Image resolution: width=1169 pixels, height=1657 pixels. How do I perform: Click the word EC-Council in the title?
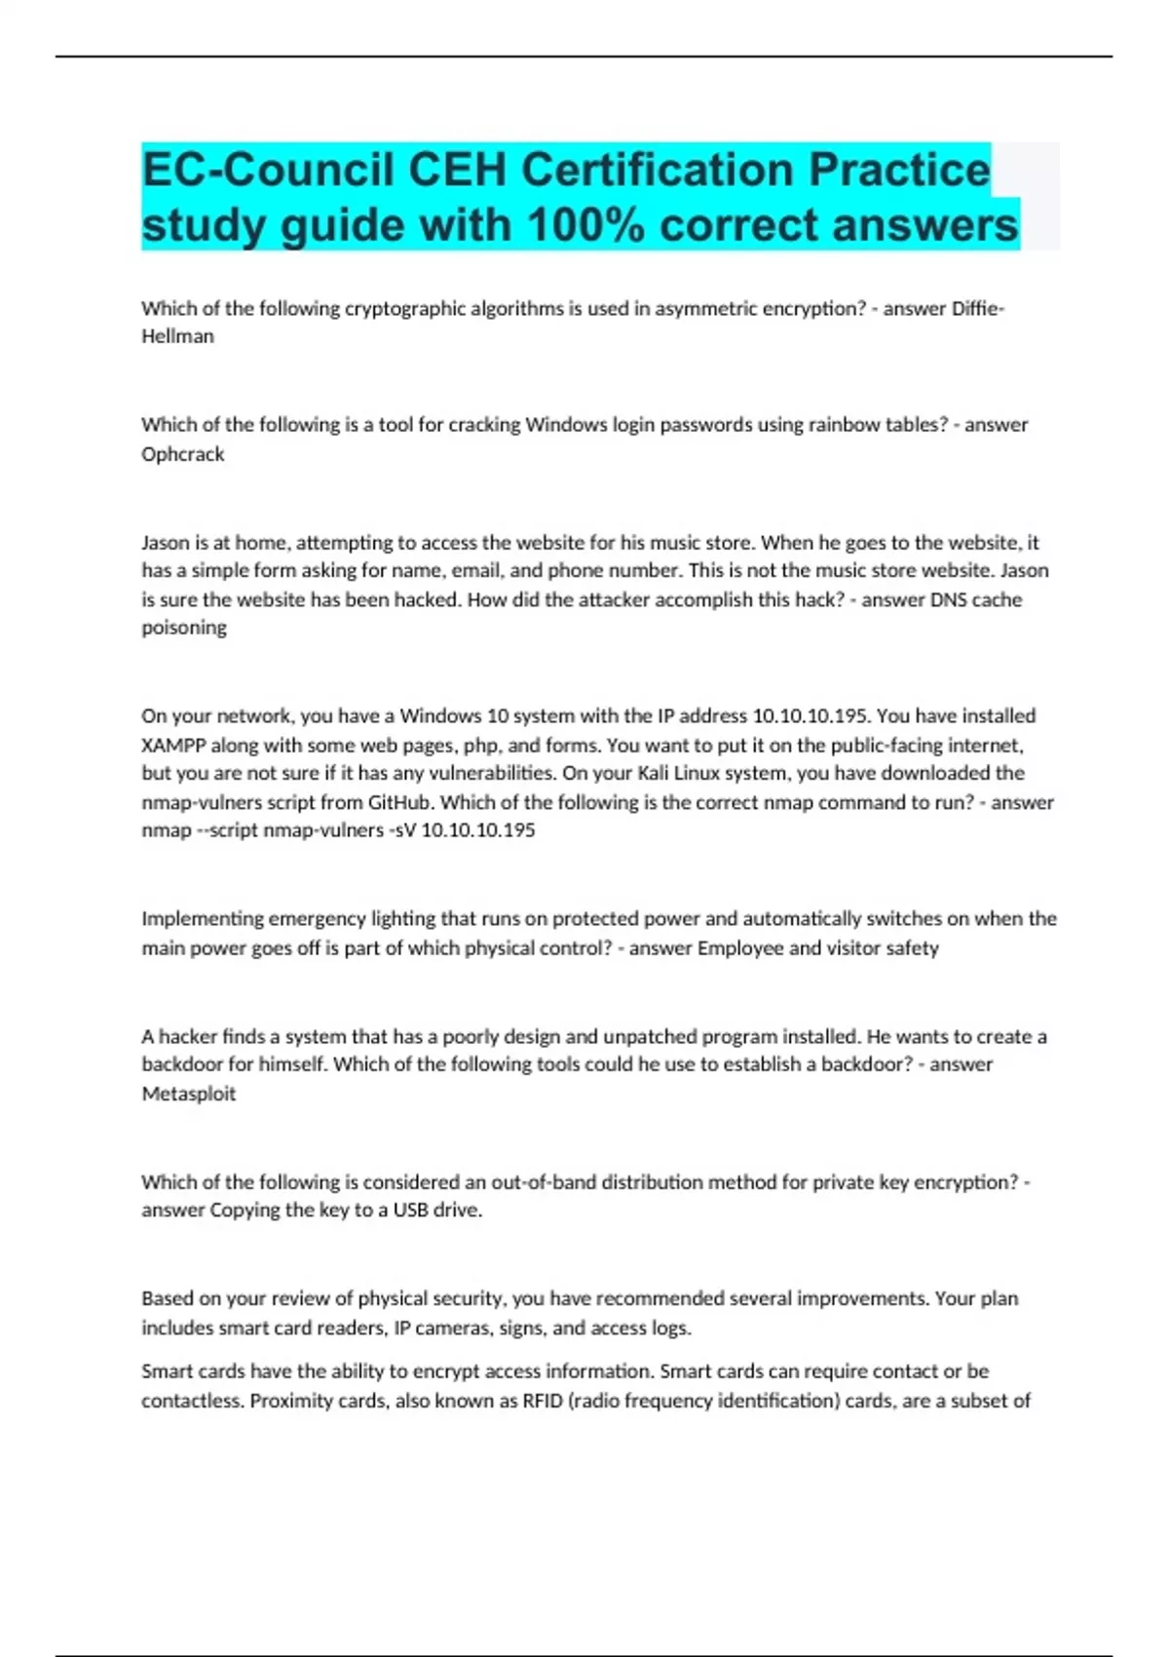tap(268, 170)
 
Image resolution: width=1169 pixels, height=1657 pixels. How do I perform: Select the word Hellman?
tap(177, 336)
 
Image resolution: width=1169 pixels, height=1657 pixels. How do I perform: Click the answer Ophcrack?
tap(183, 454)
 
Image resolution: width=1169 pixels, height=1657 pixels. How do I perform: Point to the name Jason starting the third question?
tap(166, 542)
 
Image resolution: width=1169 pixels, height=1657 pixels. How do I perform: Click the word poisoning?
tap(184, 628)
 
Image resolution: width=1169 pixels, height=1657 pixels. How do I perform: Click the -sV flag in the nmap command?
tap(402, 830)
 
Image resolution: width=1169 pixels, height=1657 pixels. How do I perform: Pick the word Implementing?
tap(202, 919)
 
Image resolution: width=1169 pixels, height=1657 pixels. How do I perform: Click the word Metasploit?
tap(189, 1094)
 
